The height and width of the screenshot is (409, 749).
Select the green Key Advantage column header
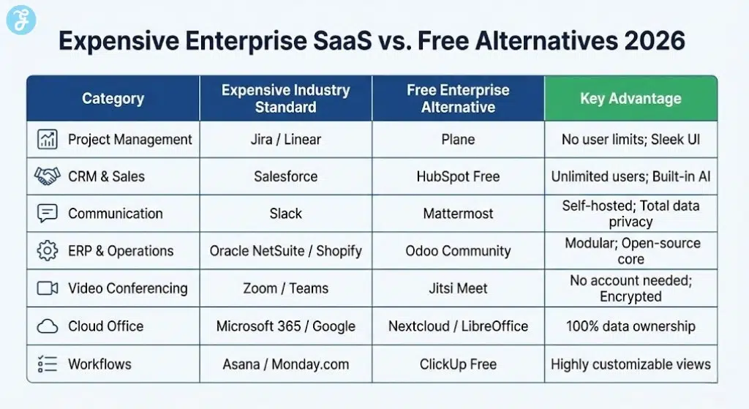point(630,98)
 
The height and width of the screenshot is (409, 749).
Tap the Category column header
point(113,98)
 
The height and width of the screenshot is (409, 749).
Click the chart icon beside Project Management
point(47,139)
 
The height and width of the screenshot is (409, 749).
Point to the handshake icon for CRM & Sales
point(47,176)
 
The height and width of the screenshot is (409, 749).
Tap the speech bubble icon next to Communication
point(47,214)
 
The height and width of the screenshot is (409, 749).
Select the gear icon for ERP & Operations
point(47,251)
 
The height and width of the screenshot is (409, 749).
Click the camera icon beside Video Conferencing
point(47,288)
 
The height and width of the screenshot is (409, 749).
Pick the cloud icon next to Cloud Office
point(47,326)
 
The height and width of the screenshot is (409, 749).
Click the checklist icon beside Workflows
point(47,364)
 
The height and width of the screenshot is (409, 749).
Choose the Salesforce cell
point(285,176)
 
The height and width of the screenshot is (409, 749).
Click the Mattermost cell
point(458,214)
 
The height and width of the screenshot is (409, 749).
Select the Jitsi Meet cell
point(458,288)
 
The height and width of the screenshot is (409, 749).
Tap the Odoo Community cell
point(458,251)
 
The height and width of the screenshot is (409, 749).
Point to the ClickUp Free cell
point(458,364)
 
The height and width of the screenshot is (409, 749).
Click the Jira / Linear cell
point(285,139)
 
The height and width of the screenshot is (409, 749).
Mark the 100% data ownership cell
point(630,326)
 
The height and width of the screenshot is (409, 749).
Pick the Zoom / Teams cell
point(285,288)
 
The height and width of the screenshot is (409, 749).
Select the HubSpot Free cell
point(458,176)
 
